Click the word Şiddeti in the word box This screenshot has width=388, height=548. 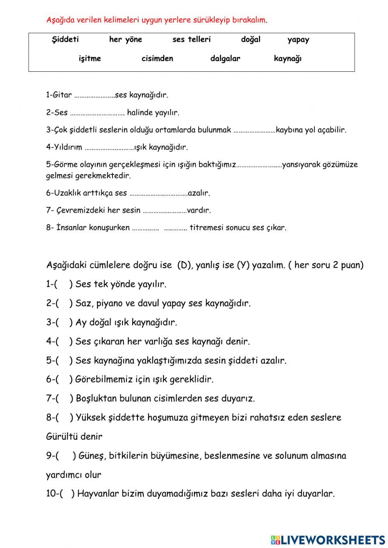click(65, 39)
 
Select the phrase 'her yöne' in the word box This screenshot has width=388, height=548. click(125, 40)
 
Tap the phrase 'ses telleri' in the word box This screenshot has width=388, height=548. click(191, 40)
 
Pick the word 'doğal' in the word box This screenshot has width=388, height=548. click(251, 40)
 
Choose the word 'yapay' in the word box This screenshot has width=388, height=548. click(298, 40)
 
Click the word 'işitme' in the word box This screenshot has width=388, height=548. click(90, 59)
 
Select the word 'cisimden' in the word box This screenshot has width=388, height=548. click(157, 59)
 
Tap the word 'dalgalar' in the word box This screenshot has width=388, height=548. click(225, 59)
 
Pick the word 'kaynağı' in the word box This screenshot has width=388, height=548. click(288, 59)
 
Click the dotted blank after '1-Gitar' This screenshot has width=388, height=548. click(94, 95)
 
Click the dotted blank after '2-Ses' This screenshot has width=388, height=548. click(97, 113)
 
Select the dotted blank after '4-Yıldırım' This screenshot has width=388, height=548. click(109, 148)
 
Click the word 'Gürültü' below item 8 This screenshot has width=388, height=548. click(60, 437)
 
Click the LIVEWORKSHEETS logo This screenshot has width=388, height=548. click(328, 539)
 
